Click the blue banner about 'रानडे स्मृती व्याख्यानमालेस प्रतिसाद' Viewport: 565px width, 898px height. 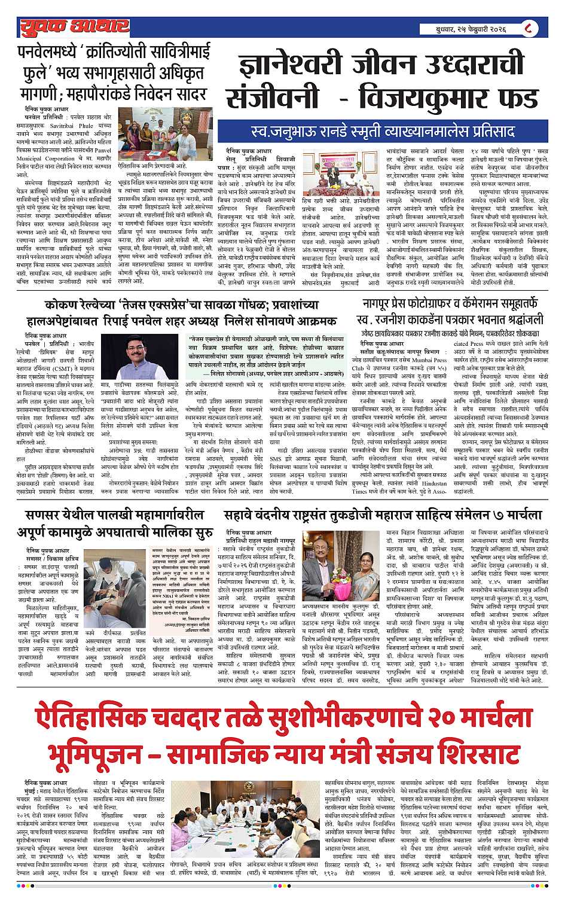383,130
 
